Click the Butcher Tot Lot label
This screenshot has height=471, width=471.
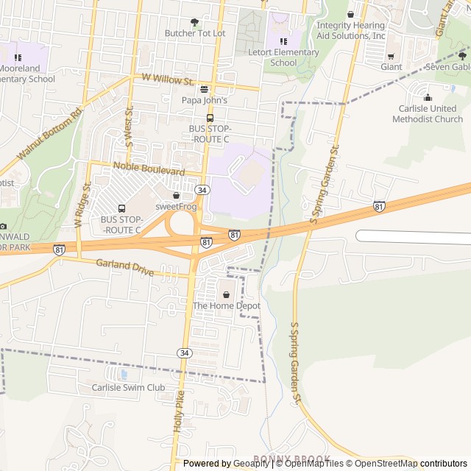coord(194,33)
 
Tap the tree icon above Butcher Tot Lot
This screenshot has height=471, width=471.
coord(194,22)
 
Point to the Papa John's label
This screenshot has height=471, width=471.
coord(205,100)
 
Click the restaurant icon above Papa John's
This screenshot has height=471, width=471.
coord(205,89)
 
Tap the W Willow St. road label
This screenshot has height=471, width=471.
coord(168,79)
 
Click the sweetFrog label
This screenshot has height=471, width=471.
coord(176,207)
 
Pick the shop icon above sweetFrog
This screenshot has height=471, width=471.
coord(176,196)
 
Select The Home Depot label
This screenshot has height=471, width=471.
coord(226,305)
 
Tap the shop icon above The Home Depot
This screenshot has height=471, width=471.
coord(226,294)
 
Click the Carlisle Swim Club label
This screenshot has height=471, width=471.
coord(128,387)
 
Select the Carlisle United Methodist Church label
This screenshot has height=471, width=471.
coord(428,113)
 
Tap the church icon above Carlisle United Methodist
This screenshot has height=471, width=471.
coord(428,97)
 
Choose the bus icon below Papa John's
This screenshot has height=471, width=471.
coord(210,117)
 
